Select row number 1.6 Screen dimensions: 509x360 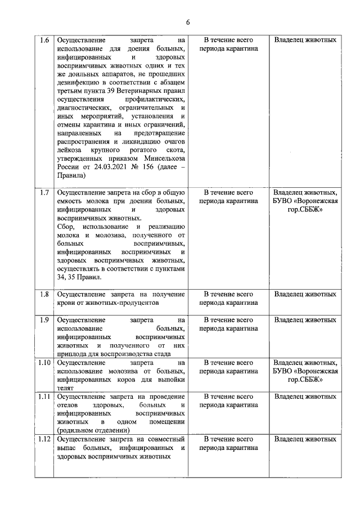pyautogui.click(x=44, y=40)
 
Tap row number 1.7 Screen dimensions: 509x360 pyautogui.click(x=44, y=192)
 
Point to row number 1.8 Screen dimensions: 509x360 pyautogui.click(x=44, y=294)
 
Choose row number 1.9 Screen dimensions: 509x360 pyautogui.click(x=44, y=319)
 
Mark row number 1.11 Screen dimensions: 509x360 pyautogui.click(x=44, y=397)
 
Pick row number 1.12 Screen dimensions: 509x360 pyautogui.click(x=44, y=439)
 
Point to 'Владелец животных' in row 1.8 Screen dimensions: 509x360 pyautogui.click(x=305, y=294)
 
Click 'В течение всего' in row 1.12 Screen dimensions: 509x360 pyautogui.click(x=228, y=439)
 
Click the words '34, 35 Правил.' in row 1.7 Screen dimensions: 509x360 pyautogui.click(x=79, y=277)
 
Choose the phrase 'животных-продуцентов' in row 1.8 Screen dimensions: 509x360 pyautogui.click(x=107, y=302)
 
